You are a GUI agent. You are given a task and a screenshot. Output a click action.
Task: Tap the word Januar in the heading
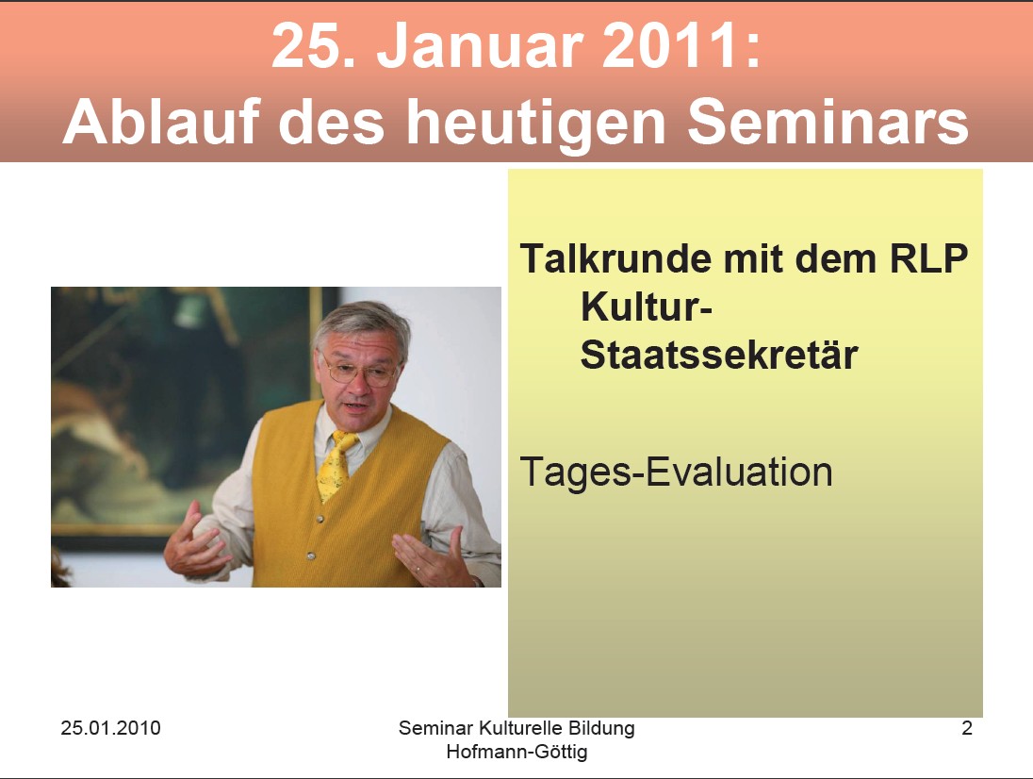click(x=481, y=45)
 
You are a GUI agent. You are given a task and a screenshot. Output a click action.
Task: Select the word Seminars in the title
click(x=828, y=122)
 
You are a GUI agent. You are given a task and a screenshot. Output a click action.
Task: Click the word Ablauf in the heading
click(x=161, y=122)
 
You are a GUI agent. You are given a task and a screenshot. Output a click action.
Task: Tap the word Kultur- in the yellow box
click(x=647, y=307)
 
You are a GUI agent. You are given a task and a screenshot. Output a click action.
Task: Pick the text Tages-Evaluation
click(x=676, y=472)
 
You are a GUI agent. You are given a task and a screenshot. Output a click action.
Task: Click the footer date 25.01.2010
click(x=110, y=727)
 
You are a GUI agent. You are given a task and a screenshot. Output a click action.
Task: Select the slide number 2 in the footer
click(x=966, y=727)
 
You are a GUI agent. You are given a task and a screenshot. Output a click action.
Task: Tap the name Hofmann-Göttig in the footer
click(x=516, y=752)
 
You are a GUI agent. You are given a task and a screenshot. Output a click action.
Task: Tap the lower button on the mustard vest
click(x=310, y=556)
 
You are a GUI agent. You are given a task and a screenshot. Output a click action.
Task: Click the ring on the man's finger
click(x=418, y=567)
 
